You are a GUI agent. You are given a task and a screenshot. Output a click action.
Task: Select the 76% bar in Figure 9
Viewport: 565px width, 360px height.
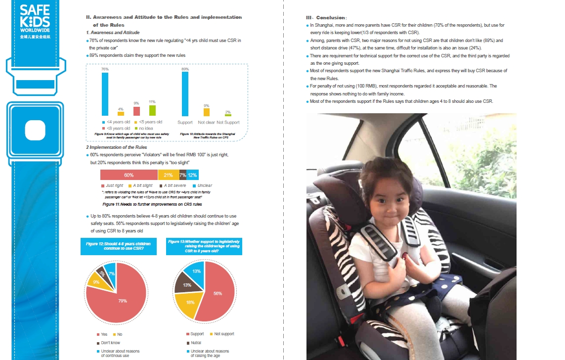105,94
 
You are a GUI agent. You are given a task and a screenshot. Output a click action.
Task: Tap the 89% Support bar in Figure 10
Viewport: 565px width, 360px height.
185,94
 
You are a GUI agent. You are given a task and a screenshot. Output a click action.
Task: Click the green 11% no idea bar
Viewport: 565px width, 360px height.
152,110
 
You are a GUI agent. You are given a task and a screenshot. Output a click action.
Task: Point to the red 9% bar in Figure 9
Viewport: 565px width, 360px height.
136,111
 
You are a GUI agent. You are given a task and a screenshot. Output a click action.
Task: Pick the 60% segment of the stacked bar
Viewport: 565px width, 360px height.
129,175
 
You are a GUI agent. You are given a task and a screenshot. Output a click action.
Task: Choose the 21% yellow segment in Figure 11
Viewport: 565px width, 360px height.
168,175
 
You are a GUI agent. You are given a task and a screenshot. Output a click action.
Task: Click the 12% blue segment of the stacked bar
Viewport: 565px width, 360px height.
192,175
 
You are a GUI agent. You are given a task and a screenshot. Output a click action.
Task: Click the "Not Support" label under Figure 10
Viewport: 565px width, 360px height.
228,122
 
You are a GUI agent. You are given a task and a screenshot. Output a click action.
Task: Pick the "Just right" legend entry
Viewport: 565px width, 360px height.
114,185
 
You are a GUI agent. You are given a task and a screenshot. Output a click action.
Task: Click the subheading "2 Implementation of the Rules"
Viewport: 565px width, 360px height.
117,147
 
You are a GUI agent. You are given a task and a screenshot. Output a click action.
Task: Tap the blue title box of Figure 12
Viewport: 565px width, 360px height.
118,246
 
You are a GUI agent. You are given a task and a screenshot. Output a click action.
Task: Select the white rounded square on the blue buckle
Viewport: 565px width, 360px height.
35,131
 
